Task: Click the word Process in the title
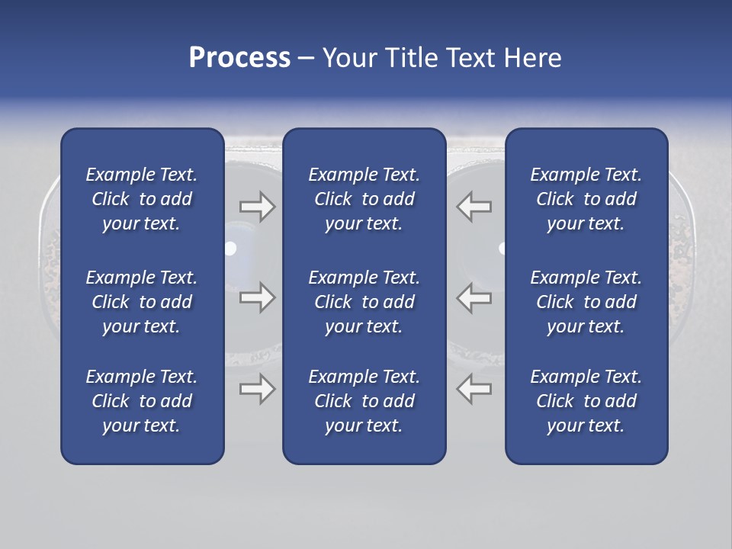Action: pos(239,58)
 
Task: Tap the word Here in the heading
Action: pos(531,58)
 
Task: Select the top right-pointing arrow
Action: pos(257,207)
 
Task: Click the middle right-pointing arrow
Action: pos(257,297)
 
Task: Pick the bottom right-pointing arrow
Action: pos(257,389)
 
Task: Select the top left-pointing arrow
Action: pos(474,207)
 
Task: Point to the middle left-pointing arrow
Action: pos(474,297)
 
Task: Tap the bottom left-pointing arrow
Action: pos(474,389)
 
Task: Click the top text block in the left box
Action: pos(142,199)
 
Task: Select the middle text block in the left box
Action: pos(142,302)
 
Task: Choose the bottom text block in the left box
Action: pos(142,401)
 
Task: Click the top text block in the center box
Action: pos(364,199)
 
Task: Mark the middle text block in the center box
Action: pos(364,302)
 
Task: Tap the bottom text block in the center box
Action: pos(364,401)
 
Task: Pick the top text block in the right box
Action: pos(586,199)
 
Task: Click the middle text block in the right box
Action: pos(586,302)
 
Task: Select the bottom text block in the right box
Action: pos(586,401)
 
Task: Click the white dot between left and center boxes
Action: pos(230,249)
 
